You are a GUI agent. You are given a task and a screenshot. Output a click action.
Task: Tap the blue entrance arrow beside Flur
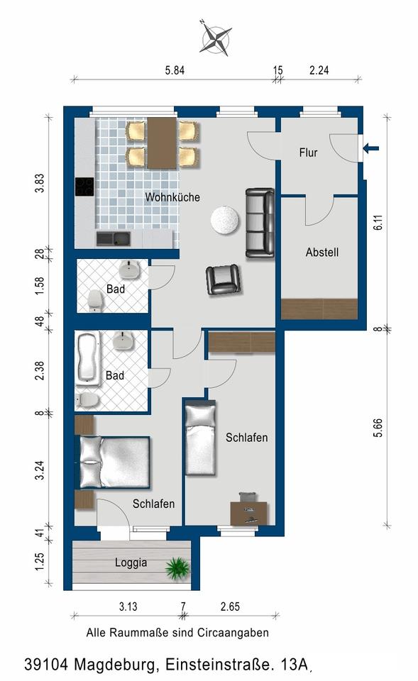click(x=370, y=148)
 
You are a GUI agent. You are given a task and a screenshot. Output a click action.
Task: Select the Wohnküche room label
click(x=172, y=197)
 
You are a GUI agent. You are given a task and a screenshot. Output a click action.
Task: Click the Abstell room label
click(x=322, y=252)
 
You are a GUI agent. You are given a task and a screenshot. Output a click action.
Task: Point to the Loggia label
click(x=131, y=563)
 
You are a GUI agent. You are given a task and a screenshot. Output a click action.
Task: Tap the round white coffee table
click(x=225, y=220)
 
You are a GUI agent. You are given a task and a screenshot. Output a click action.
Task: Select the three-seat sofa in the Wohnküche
click(x=260, y=223)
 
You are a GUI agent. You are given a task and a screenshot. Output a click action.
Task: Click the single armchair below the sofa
click(x=223, y=279)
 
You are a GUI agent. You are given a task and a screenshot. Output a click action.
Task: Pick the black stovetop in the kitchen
click(x=84, y=187)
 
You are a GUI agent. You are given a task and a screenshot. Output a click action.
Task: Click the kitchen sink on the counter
click(x=114, y=239)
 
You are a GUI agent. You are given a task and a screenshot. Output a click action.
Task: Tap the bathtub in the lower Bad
click(x=89, y=358)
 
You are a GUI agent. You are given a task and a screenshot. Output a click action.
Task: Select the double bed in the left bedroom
click(x=113, y=462)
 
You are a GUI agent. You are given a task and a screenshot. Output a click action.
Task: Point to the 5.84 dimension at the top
click(x=175, y=70)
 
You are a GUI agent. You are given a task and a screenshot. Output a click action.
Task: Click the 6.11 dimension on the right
click(x=378, y=222)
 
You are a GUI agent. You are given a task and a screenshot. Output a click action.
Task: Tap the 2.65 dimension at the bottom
click(x=230, y=607)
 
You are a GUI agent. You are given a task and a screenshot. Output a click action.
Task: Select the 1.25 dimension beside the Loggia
click(x=40, y=562)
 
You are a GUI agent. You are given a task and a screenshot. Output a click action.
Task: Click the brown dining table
click(x=162, y=143)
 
